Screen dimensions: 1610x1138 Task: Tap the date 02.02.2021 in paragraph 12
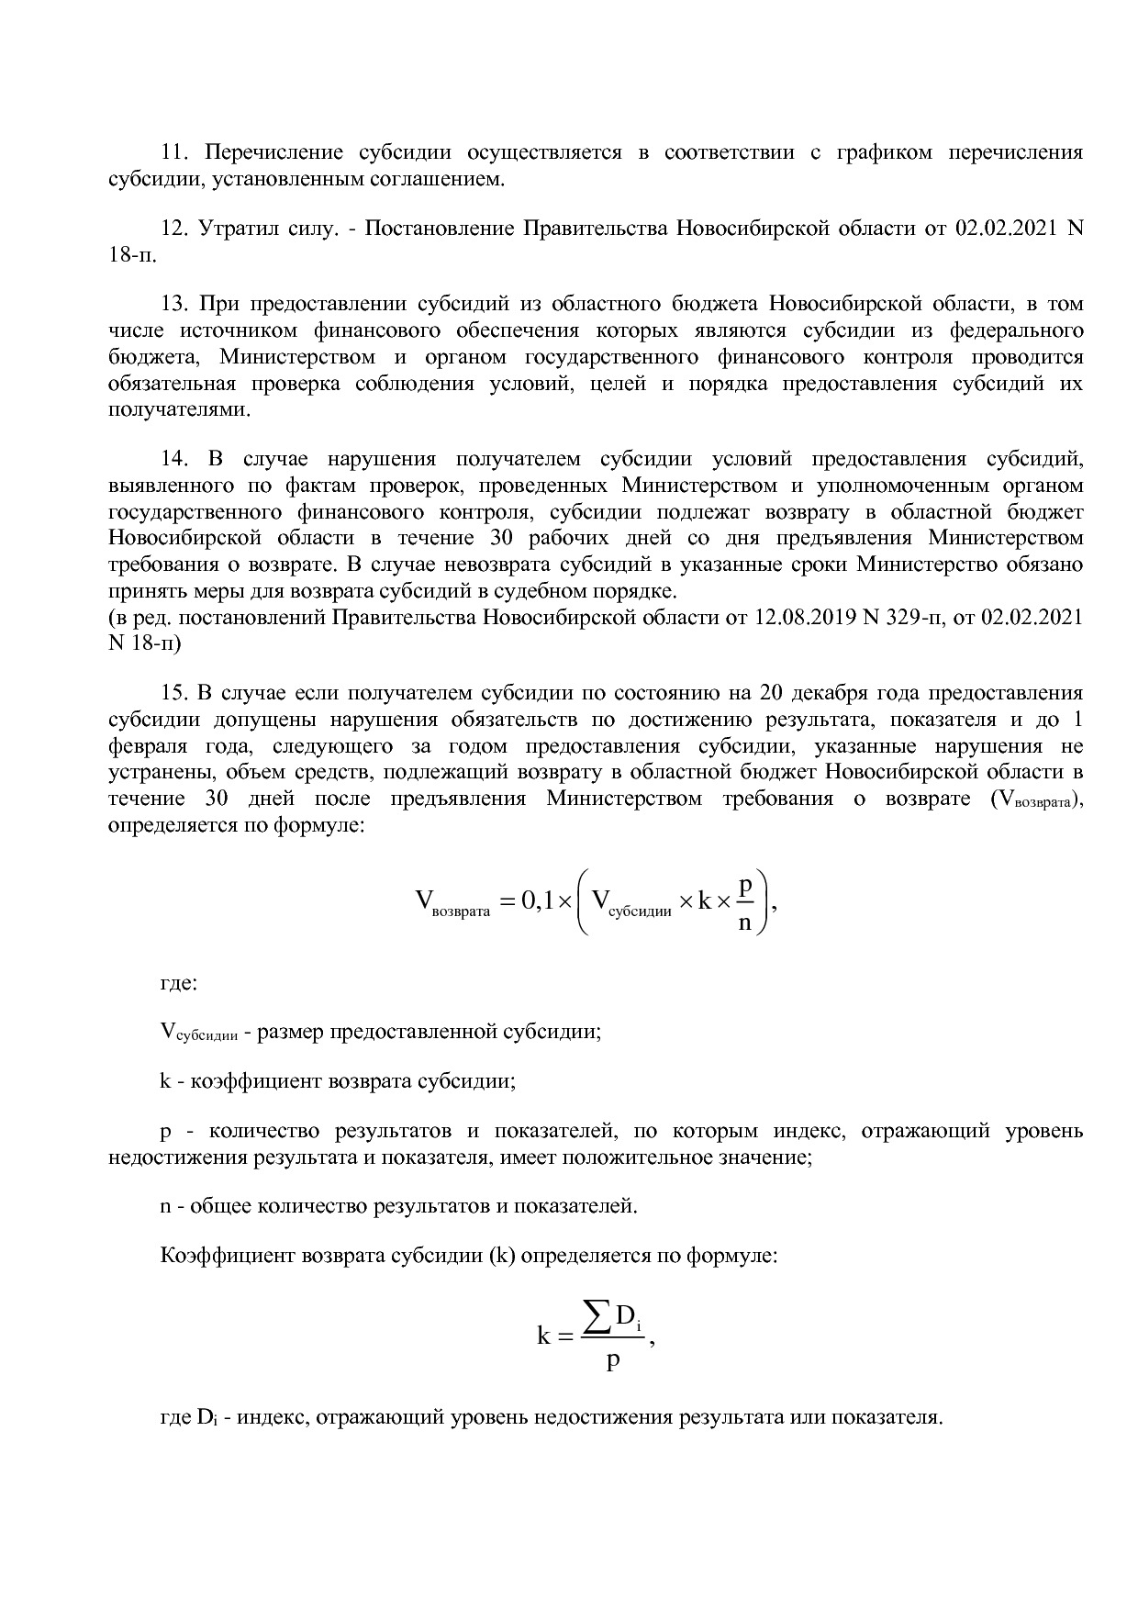[x=1005, y=228]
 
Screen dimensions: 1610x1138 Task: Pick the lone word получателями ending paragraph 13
[x=179, y=410]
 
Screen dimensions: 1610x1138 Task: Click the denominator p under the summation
[x=613, y=1360]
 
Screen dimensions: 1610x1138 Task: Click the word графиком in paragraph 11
[x=884, y=152]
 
